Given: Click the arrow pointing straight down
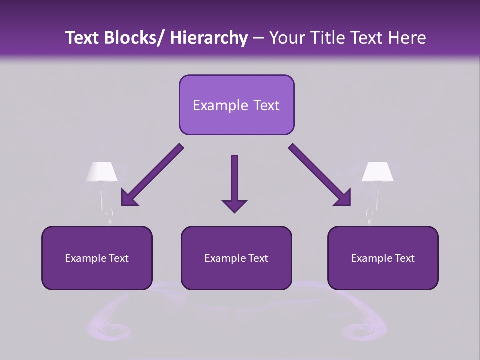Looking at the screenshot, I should (234, 180).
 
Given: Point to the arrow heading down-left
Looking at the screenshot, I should (152, 175).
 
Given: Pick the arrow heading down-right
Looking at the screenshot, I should (320, 175).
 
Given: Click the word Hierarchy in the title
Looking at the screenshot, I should (209, 38).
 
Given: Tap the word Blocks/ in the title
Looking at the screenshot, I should (134, 38).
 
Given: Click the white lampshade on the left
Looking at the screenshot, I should (102, 171).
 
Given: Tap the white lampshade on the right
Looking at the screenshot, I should (377, 171).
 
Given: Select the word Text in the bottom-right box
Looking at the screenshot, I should (404, 258).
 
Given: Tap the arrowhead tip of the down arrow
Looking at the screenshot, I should (234, 211).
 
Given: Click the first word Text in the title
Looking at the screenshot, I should (83, 38).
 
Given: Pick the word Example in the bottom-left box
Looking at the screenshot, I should (85, 258).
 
